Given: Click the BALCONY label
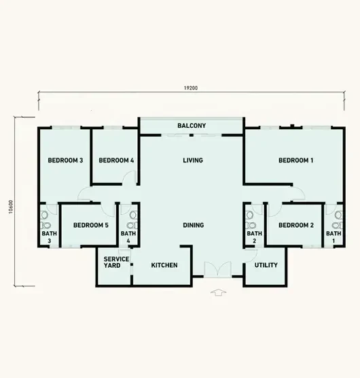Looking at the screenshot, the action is point(192,126).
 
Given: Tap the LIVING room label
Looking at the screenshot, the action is point(193,160).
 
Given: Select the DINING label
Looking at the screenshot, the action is point(194,225).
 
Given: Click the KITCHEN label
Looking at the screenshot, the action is point(164,265).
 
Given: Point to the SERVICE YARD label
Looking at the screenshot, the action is point(116,262).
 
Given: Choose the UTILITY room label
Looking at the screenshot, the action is point(266,265).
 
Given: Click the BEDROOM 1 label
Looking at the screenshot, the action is point(296,160).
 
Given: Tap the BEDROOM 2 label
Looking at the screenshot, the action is point(296,225).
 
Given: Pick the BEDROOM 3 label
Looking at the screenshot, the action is point(65,160).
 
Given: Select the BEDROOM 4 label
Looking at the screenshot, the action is point(116,160).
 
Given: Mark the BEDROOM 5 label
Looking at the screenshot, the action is point(91,225).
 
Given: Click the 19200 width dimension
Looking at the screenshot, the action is point(191,88).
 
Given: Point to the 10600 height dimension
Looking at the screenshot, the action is point(11,207).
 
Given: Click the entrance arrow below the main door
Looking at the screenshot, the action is point(219,292).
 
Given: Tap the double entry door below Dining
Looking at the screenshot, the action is point(218,269).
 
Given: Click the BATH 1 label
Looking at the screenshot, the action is point(334,237).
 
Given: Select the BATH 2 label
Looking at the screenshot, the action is point(255,237).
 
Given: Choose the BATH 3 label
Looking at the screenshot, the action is point(50,237).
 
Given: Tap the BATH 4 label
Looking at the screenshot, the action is point(128,237).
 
